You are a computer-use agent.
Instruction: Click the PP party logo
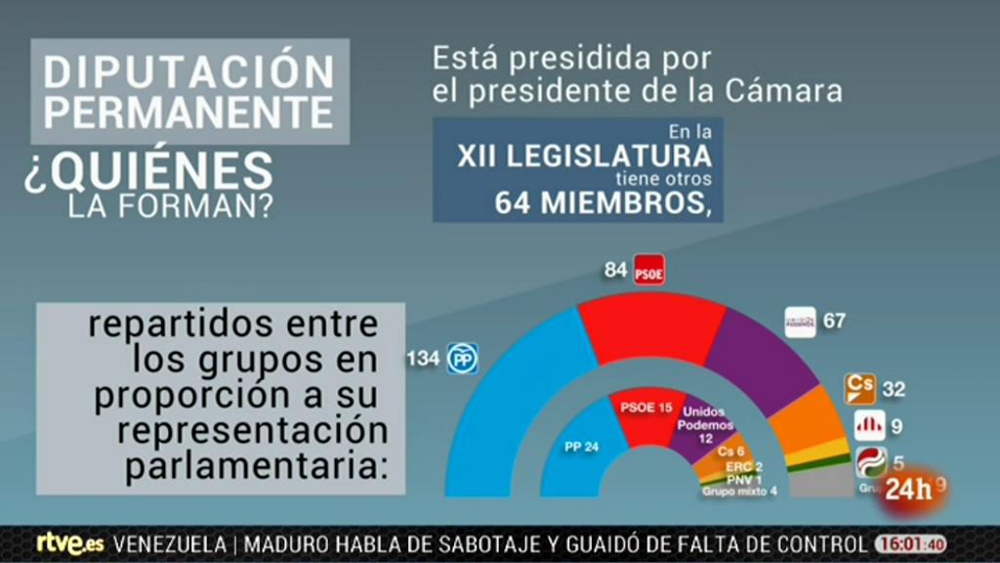point(461,359)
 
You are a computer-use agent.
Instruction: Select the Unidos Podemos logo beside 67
point(800,322)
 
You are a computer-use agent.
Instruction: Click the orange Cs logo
point(858,388)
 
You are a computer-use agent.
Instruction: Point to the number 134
point(423,359)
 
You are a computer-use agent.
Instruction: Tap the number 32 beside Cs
point(894,389)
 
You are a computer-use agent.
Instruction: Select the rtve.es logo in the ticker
point(70,543)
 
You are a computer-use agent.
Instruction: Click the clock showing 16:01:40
point(910,544)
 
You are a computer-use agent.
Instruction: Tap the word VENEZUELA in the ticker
point(171,544)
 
